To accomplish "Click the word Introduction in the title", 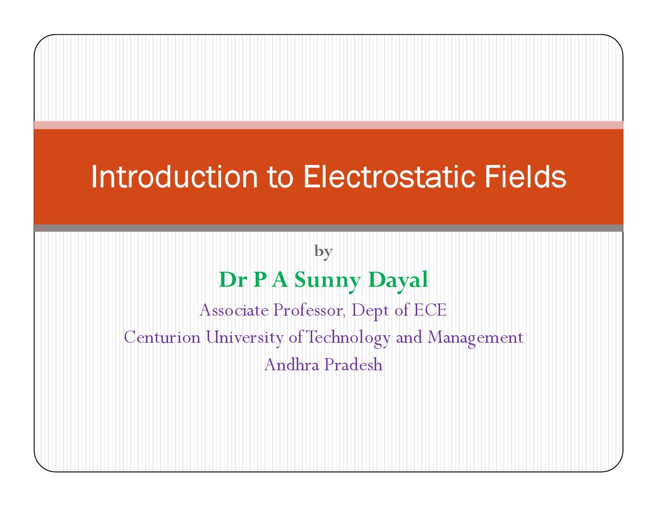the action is click(174, 176).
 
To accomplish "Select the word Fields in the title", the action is click(525, 176).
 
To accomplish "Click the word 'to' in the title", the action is click(280, 178).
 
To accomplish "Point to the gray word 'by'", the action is click(323, 252).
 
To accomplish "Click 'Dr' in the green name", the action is click(233, 279).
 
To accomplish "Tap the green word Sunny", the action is click(328, 281).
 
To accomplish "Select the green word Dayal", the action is click(398, 281).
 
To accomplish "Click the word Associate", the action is click(234, 310).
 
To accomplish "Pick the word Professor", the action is click(309, 310).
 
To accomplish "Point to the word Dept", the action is click(370, 311).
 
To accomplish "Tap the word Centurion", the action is click(162, 337).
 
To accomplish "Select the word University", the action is click(245, 338).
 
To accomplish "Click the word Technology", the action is click(348, 338).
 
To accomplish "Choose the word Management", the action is click(475, 338).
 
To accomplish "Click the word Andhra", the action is click(292, 364).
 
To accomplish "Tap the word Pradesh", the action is click(353, 364).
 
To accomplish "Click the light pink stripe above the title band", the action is click(328, 125).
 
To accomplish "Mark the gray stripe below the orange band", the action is click(328, 228).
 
